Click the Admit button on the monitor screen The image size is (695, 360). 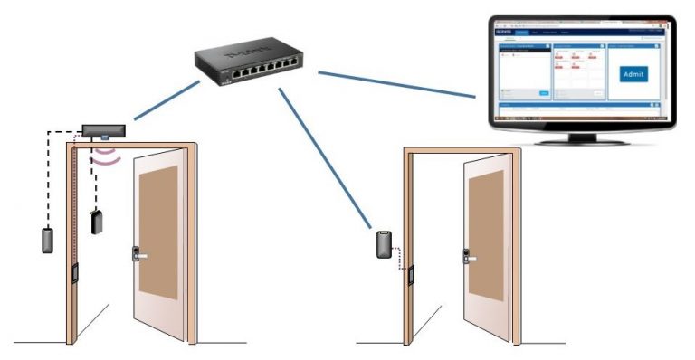(x=633, y=74)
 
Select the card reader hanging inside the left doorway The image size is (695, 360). (x=97, y=222)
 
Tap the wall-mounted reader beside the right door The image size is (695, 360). (x=386, y=244)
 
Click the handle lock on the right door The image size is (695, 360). (x=470, y=256)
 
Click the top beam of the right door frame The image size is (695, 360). (x=462, y=148)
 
